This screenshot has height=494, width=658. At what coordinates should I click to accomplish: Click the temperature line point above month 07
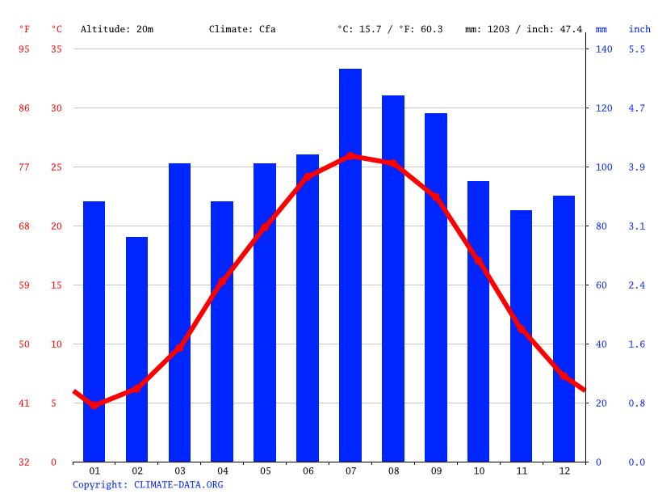coord(350,156)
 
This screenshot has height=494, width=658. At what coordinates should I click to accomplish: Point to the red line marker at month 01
coord(94,405)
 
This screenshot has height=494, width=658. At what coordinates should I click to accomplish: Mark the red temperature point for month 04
coord(222,282)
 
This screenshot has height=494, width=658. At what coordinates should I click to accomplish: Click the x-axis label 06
coord(308,471)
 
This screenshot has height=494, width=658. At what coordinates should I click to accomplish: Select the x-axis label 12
coord(564,471)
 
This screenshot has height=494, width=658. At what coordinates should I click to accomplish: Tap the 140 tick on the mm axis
coord(604,49)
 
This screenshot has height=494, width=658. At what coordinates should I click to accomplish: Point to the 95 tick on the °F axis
coord(24,49)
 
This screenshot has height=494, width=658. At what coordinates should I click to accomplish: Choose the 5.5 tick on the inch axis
coord(637,49)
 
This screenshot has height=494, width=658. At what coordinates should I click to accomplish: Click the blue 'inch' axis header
coord(639,29)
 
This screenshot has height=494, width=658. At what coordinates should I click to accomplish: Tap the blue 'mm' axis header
coord(601,29)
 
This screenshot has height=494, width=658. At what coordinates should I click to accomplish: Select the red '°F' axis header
coord(25,29)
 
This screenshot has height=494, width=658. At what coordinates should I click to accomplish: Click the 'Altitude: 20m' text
coord(117,29)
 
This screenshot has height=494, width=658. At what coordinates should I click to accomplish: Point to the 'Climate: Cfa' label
coord(242,29)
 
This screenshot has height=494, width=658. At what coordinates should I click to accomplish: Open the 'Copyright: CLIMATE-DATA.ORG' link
coord(148,485)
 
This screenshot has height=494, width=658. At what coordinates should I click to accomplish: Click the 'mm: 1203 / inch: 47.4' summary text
coord(523,29)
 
